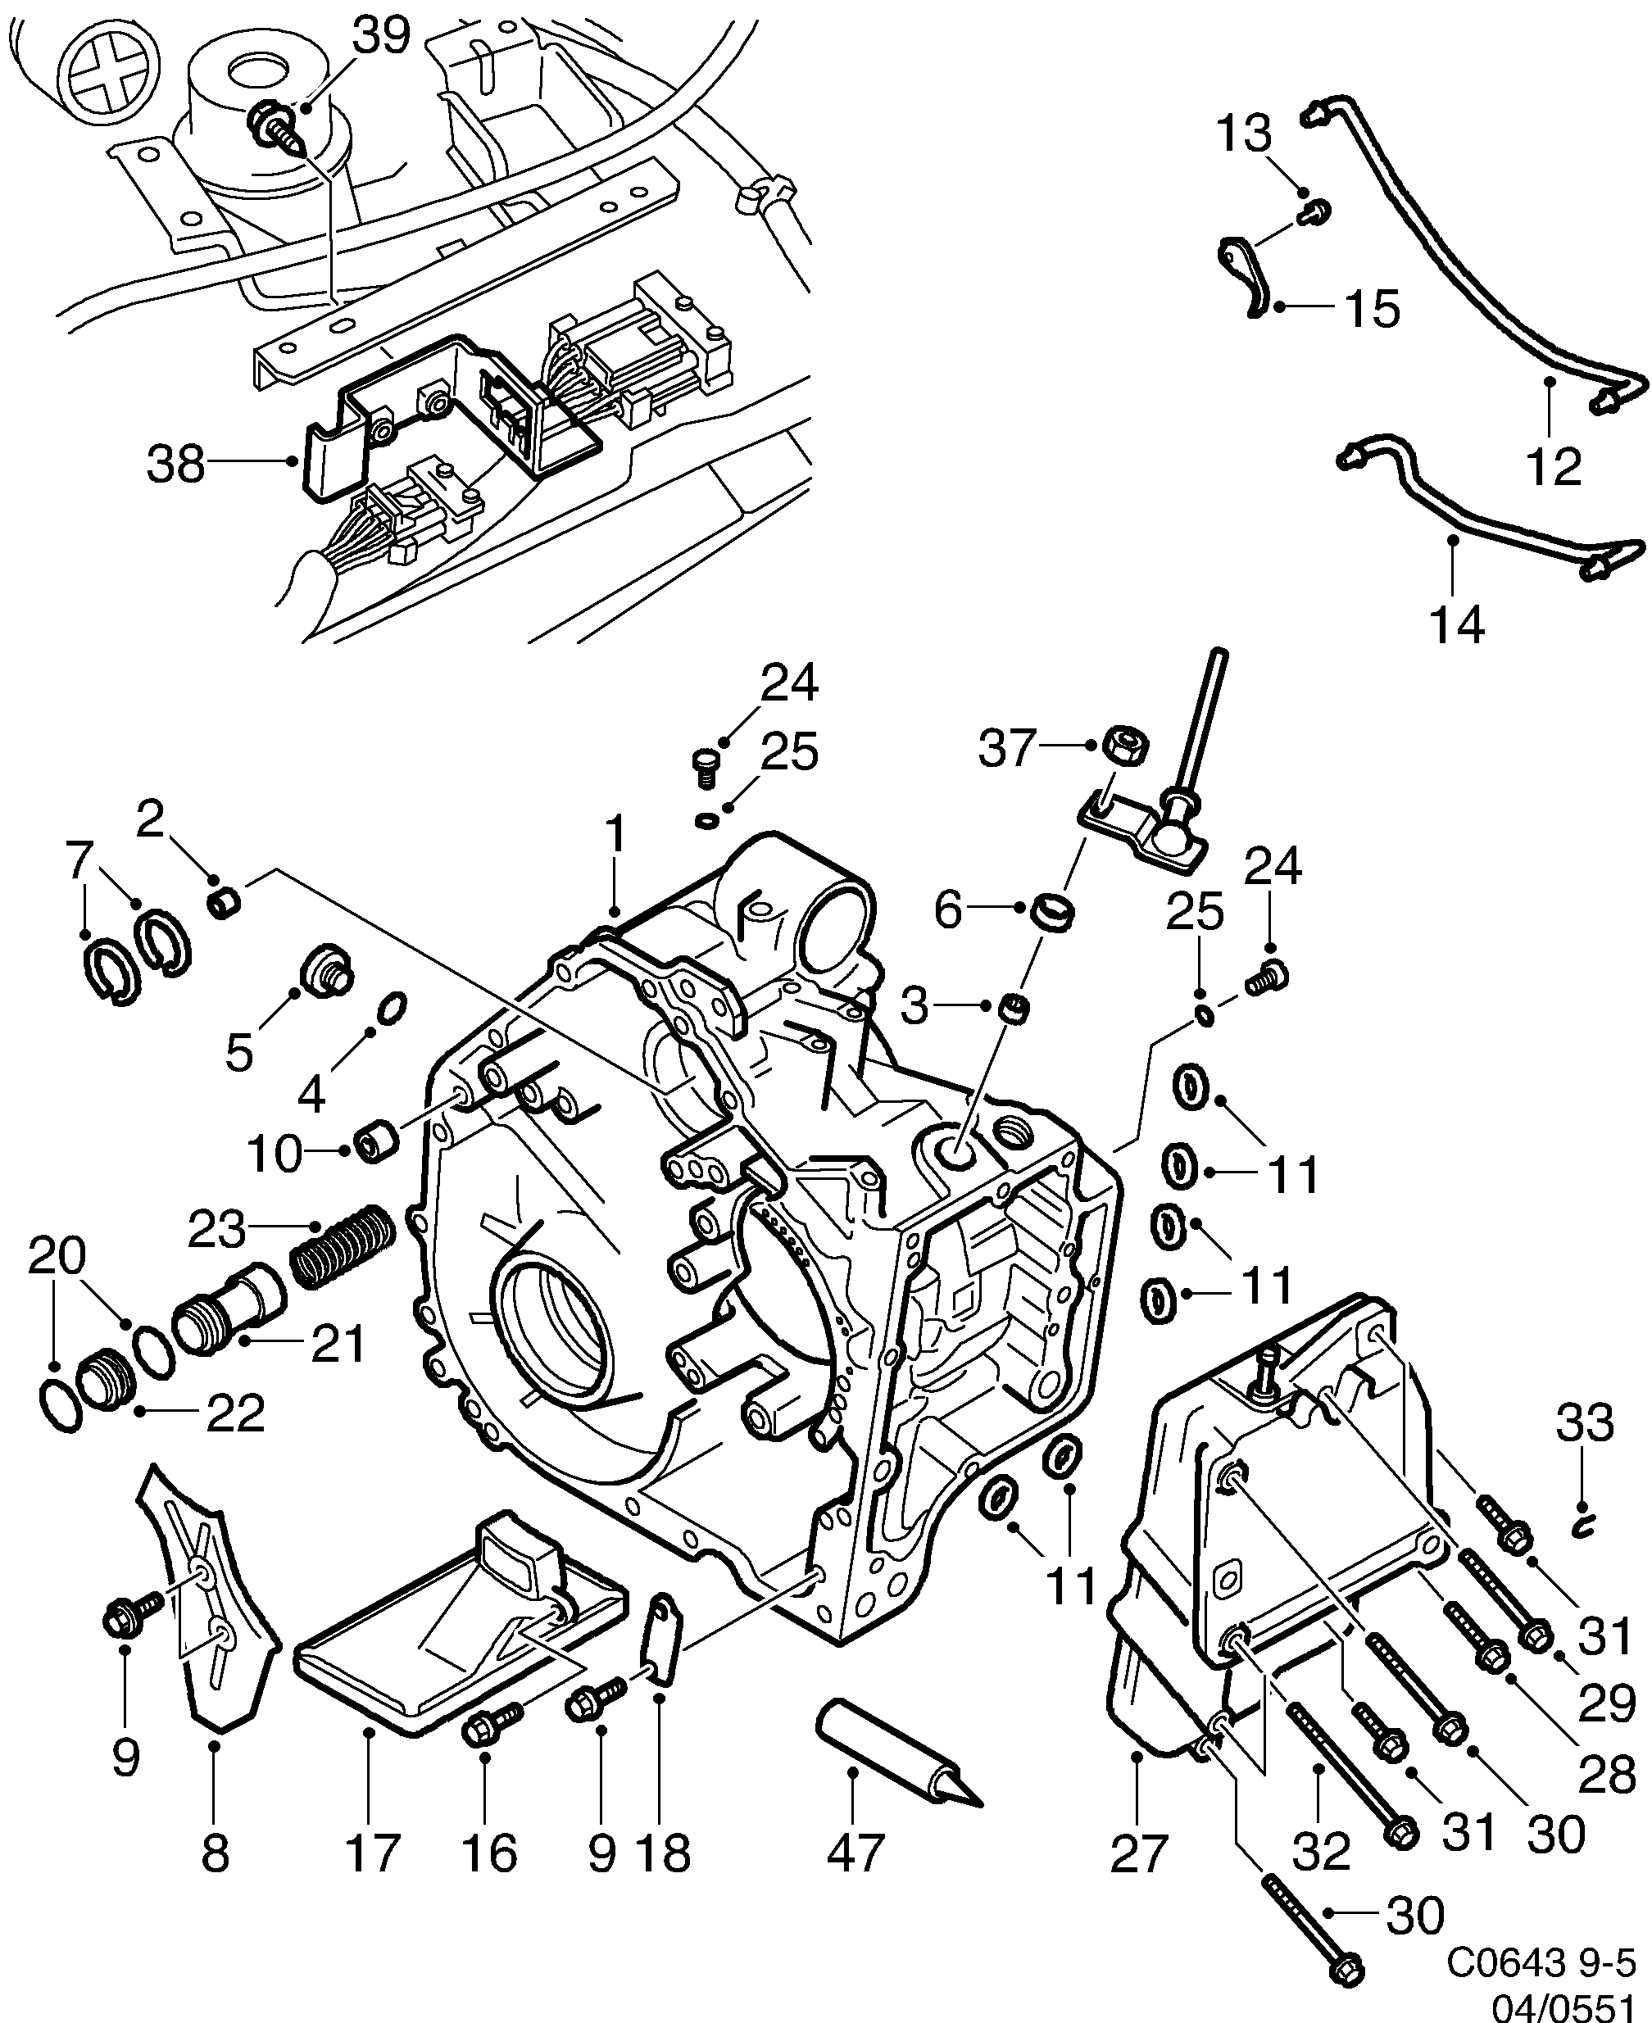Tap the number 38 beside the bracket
[176, 466]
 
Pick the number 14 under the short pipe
[1456, 625]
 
